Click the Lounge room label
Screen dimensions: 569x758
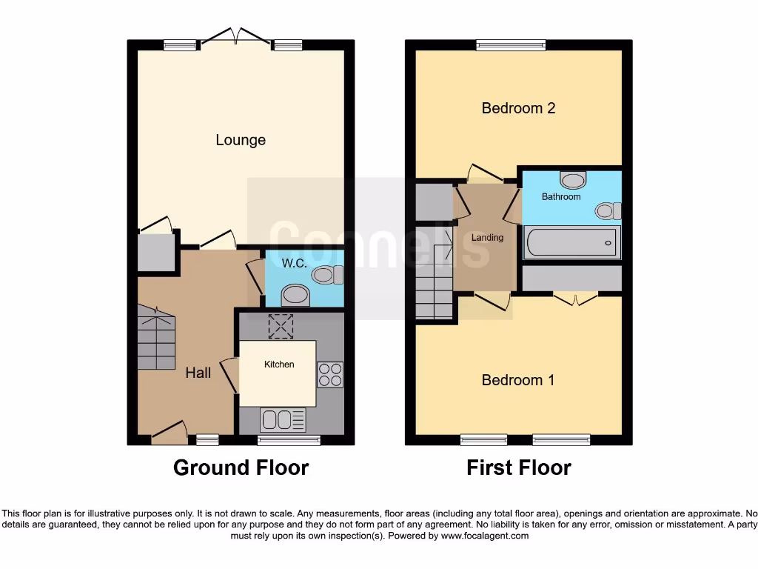pos(241,140)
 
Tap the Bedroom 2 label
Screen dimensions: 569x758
pos(518,108)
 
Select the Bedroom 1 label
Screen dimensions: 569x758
pos(518,380)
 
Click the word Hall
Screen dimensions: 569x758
pos(198,373)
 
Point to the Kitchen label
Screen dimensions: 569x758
pos(279,364)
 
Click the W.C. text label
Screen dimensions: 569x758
pos(294,263)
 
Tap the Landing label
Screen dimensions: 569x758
pos(487,237)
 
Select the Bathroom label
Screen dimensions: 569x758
pos(561,197)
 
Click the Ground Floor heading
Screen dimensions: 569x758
pos(241,467)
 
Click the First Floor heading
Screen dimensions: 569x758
pos(518,467)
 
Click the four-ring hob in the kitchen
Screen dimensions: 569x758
pos(330,374)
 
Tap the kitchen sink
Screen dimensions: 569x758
pos(283,419)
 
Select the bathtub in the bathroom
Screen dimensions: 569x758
pos(571,242)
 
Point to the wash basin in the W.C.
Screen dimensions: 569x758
pos(295,296)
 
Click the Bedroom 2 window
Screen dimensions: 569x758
pos(511,45)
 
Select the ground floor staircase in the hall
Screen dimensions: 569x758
pos(156,338)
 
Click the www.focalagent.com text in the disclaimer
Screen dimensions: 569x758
pos(486,535)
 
